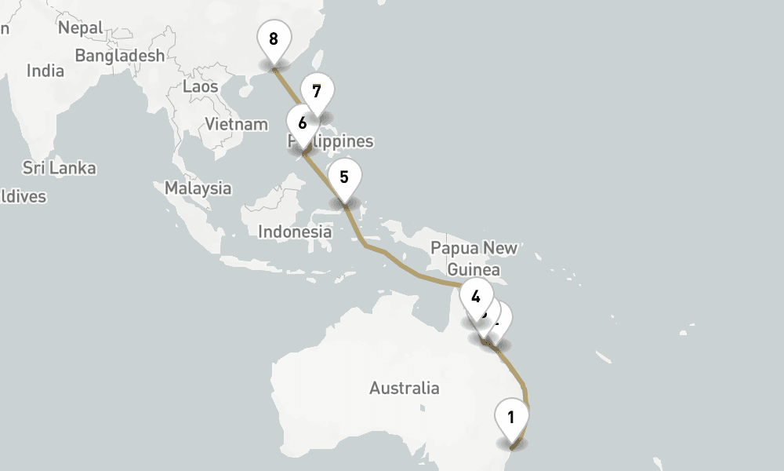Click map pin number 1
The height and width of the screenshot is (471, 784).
[x=511, y=418]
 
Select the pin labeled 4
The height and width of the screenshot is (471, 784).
[x=476, y=297]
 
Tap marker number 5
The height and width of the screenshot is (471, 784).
[x=344, y=177]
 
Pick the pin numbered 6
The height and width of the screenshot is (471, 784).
[x=302, y=122]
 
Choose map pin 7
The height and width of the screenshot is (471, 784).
[x=317, y=91]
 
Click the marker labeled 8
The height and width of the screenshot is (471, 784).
[x=273, y=38]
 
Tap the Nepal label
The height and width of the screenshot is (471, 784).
[x=80, y=27]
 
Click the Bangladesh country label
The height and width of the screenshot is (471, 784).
[x=120, y=55]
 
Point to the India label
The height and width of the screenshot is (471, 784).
[x=45, y=71]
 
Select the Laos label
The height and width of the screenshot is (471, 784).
[x=200, y=86]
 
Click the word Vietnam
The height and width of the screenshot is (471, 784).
[x=236, y=123]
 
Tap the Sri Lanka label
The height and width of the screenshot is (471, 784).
[x=59, y=168]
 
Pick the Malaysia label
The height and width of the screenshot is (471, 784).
[x=198, y=188]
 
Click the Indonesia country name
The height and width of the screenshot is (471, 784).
[x=295, y=232]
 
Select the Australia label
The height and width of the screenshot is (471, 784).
[x=405, y=388]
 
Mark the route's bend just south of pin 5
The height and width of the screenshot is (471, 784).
[x=365, y=244]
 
